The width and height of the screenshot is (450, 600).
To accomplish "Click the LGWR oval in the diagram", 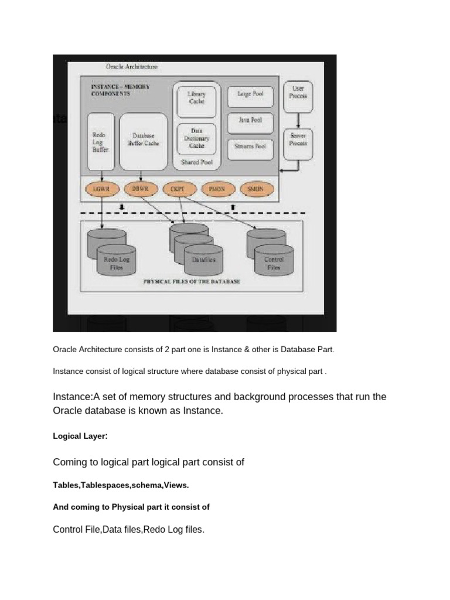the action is [x=102, y=189].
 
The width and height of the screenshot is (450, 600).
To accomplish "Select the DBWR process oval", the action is [x=139, y=189].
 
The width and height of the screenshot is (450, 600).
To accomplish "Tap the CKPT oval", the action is [x=176, y=189].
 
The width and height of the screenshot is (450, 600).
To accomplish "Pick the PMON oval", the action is [x=217, y=189].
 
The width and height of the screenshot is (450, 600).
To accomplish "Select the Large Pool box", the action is [x=250, y=94].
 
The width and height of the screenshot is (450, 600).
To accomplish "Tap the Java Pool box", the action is [x=250, y=120].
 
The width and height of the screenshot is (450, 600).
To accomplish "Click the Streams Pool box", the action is [x=250, y=145].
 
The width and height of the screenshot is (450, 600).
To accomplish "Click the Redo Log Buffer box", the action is [x=100, y=142].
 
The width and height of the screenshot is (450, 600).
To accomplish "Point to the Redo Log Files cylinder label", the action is [x=116, y=262].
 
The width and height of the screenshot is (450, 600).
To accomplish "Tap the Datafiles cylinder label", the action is [x=203, y=259].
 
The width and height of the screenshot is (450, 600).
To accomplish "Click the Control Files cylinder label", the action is [x=274, y=262].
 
